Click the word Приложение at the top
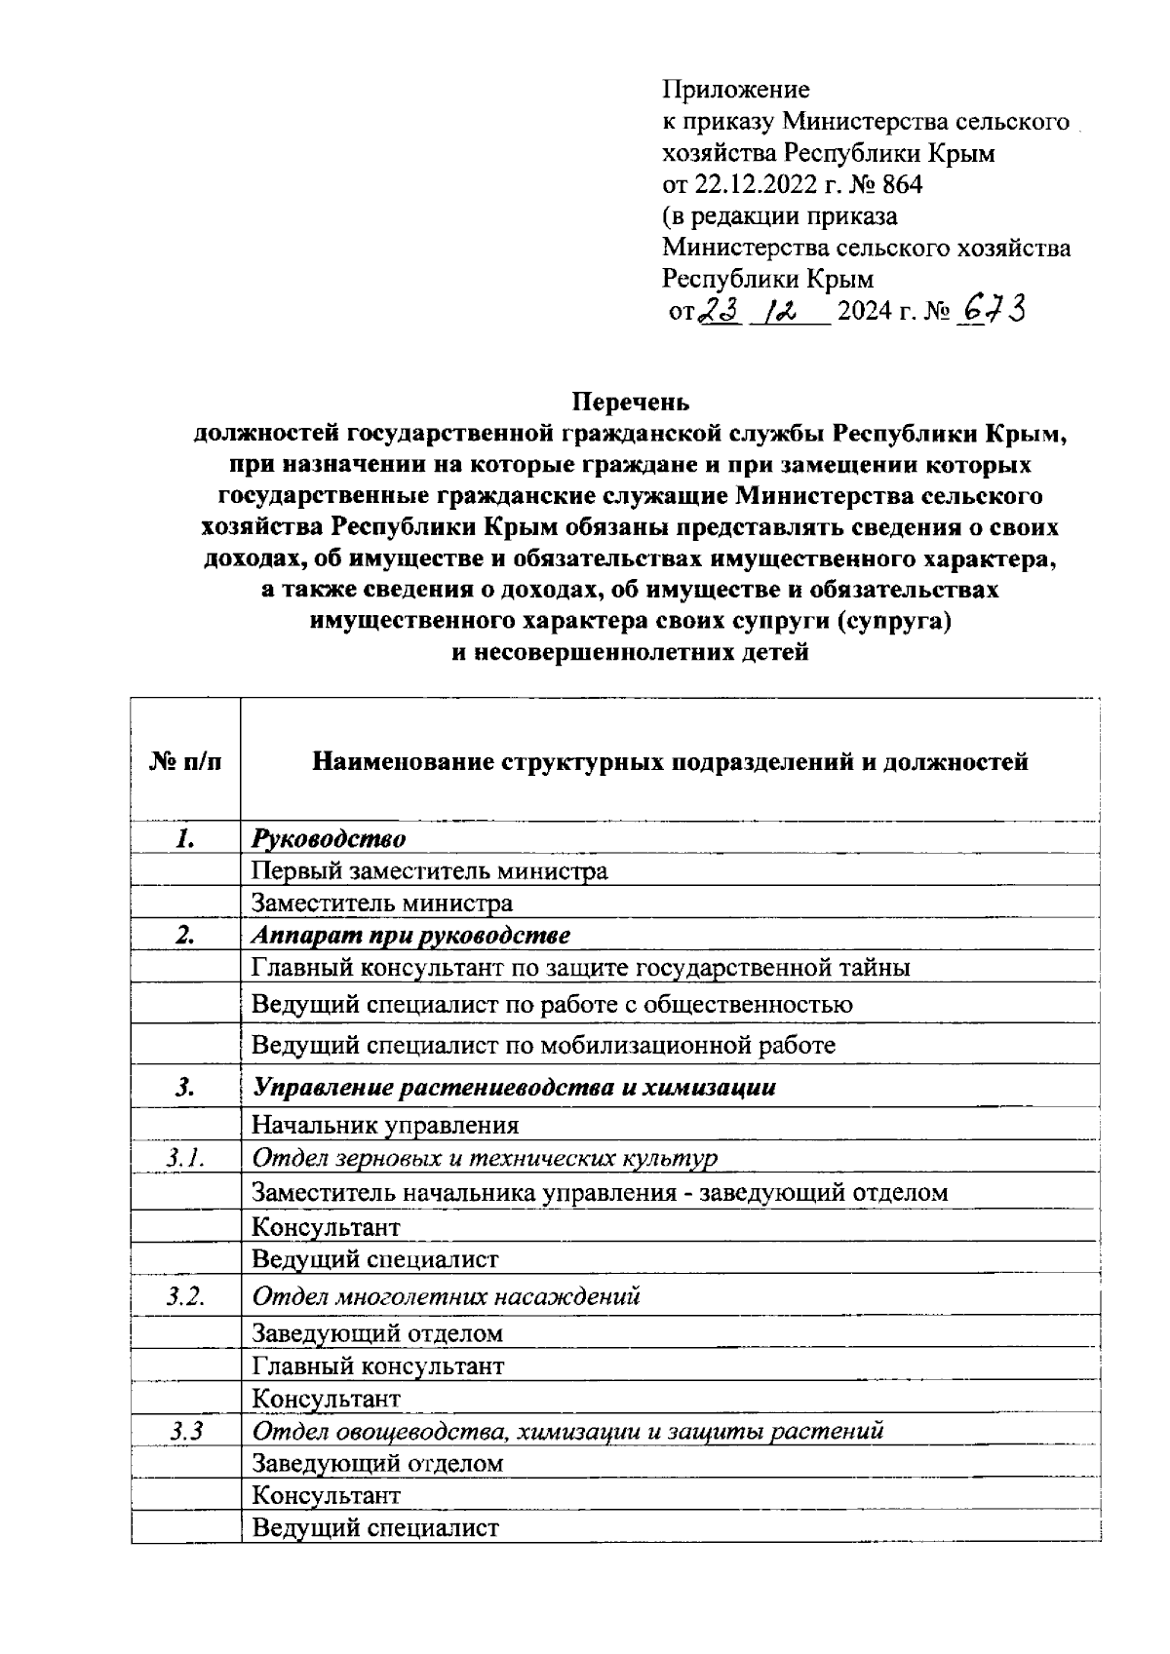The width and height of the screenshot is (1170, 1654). (736, 91)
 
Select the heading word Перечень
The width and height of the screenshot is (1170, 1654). (631, 402)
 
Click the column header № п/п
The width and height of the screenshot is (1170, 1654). (185, 761)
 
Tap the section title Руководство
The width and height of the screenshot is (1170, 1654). (329, 838)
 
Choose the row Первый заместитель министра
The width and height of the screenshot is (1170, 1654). (429, 870)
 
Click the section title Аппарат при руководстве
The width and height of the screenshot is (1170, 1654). (410, 936)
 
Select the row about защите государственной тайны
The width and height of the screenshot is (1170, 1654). (580, 968)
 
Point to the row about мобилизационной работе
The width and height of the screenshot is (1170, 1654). (543, 1045)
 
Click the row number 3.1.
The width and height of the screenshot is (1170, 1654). (185, 1158)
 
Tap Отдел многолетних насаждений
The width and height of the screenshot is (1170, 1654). (446, 1297)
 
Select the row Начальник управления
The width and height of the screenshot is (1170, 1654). (385, 1126)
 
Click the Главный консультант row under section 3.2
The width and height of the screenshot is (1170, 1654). (377, 1366)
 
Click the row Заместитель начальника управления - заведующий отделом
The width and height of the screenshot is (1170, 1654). (599, 1192)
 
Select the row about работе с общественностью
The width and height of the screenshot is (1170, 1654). (552, 1004)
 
